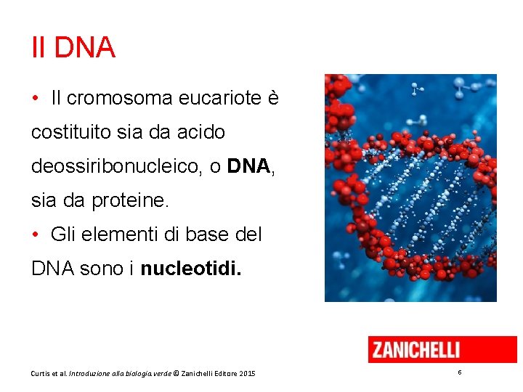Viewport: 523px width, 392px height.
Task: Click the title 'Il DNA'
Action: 73,48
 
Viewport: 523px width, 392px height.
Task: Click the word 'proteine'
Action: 130,200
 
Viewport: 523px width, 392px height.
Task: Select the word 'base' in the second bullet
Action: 208,234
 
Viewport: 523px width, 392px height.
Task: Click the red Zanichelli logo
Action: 442,349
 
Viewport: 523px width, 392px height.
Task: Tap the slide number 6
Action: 460,372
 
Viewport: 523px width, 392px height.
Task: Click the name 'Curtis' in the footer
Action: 41,373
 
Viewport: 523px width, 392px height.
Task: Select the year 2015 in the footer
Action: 247,373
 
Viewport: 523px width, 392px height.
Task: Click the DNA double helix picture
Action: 410,187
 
